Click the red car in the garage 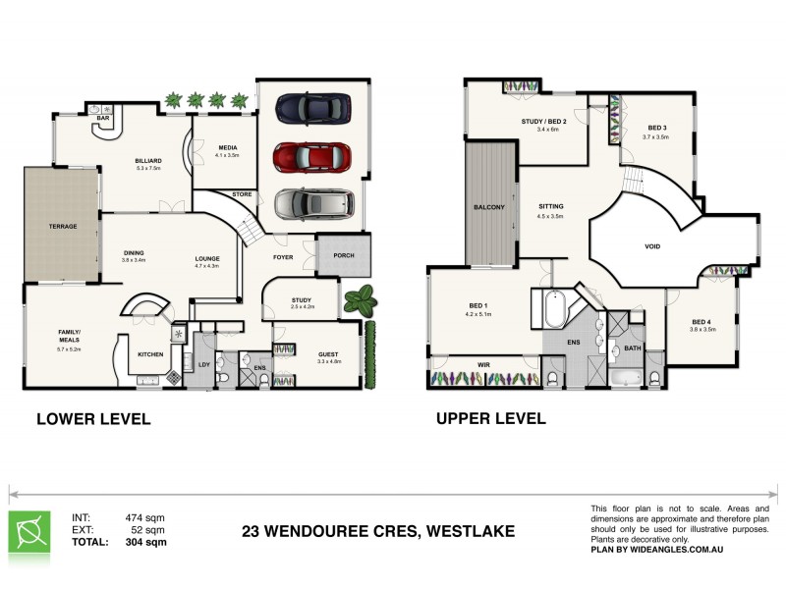click(x=311, y=156)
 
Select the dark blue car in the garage click(x=311, y=107)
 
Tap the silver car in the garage click(x=312, y=204)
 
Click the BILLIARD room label click(x=148, y=160)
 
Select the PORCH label click(x=344, y=255)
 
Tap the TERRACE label click(x=63, y=227)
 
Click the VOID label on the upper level click(x=652, y=246)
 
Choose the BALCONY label click(x=488, y=207)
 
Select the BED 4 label click(x=702, y=322)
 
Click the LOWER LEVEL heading click(x=93, y=419)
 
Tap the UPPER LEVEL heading click(x=491, y=419)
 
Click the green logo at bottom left click(x=29, y=531)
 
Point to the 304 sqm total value click(x=145, y=541)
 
